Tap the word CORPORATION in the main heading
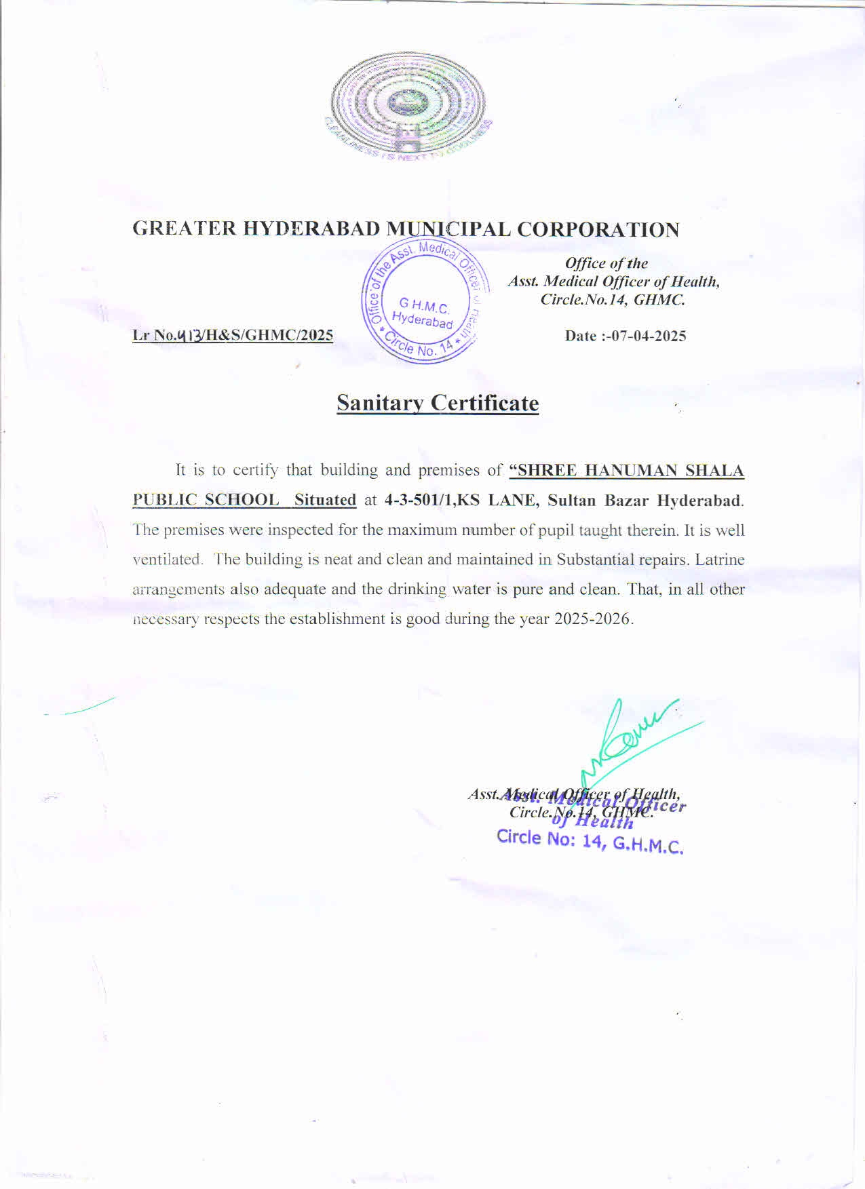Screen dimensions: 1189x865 (x=598, y=230)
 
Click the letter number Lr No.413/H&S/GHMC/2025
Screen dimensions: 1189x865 (x=233, y=335)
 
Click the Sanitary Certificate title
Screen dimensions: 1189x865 (x=438, y=403)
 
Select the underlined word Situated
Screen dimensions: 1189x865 (x=325, y=501)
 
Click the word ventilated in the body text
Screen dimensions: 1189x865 (x=167, y=560)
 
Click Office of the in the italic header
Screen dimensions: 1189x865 (x=607, y=263)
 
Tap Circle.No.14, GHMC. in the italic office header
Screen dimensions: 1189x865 (x=613, y=299)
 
